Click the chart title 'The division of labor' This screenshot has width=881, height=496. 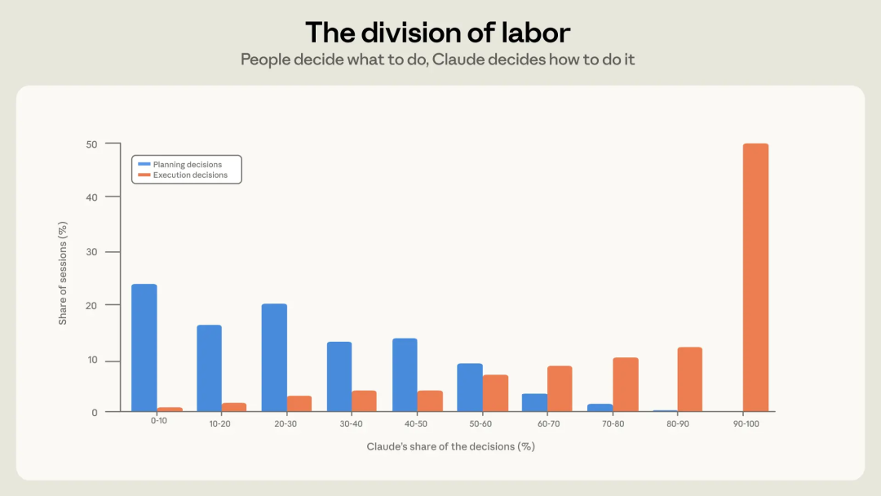coord(438,33)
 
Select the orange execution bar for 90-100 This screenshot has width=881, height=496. coord(755,277)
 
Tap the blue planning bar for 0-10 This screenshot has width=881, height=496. coord(144,348)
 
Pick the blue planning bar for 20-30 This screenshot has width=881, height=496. coord(274,358)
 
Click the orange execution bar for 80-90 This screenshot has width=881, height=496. coord(690,379)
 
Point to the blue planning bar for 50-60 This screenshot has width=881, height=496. coord(470,387)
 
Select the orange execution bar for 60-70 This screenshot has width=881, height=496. coord(560,388)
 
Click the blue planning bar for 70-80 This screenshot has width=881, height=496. coord(600,408)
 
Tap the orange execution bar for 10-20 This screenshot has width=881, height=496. coord(234,407)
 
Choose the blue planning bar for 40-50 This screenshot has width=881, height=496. coord(405,374)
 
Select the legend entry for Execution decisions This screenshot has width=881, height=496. coord(183,175)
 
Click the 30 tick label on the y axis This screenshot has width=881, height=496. coord(91,252)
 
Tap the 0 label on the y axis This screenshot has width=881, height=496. coord(95,413)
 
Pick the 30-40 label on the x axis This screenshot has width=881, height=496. coord(351,423)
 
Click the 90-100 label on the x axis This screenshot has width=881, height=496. coord(746,423)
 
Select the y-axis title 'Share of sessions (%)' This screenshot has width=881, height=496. coord(62,273)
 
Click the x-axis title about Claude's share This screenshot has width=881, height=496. coord(450,446)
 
